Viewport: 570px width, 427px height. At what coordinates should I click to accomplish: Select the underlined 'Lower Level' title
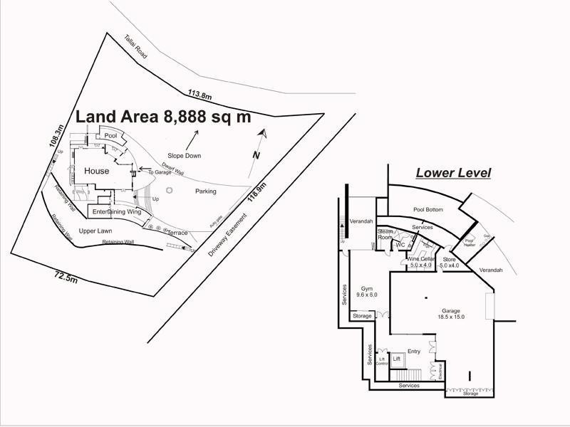453,173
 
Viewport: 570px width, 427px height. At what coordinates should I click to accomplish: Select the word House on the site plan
97,171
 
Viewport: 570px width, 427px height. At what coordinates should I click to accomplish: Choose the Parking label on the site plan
206,191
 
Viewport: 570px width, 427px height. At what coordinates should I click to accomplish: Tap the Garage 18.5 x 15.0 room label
450,313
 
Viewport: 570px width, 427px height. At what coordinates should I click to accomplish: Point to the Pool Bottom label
428,210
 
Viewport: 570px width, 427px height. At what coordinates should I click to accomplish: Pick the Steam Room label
385,234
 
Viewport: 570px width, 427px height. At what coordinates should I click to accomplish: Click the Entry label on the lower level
413,351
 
